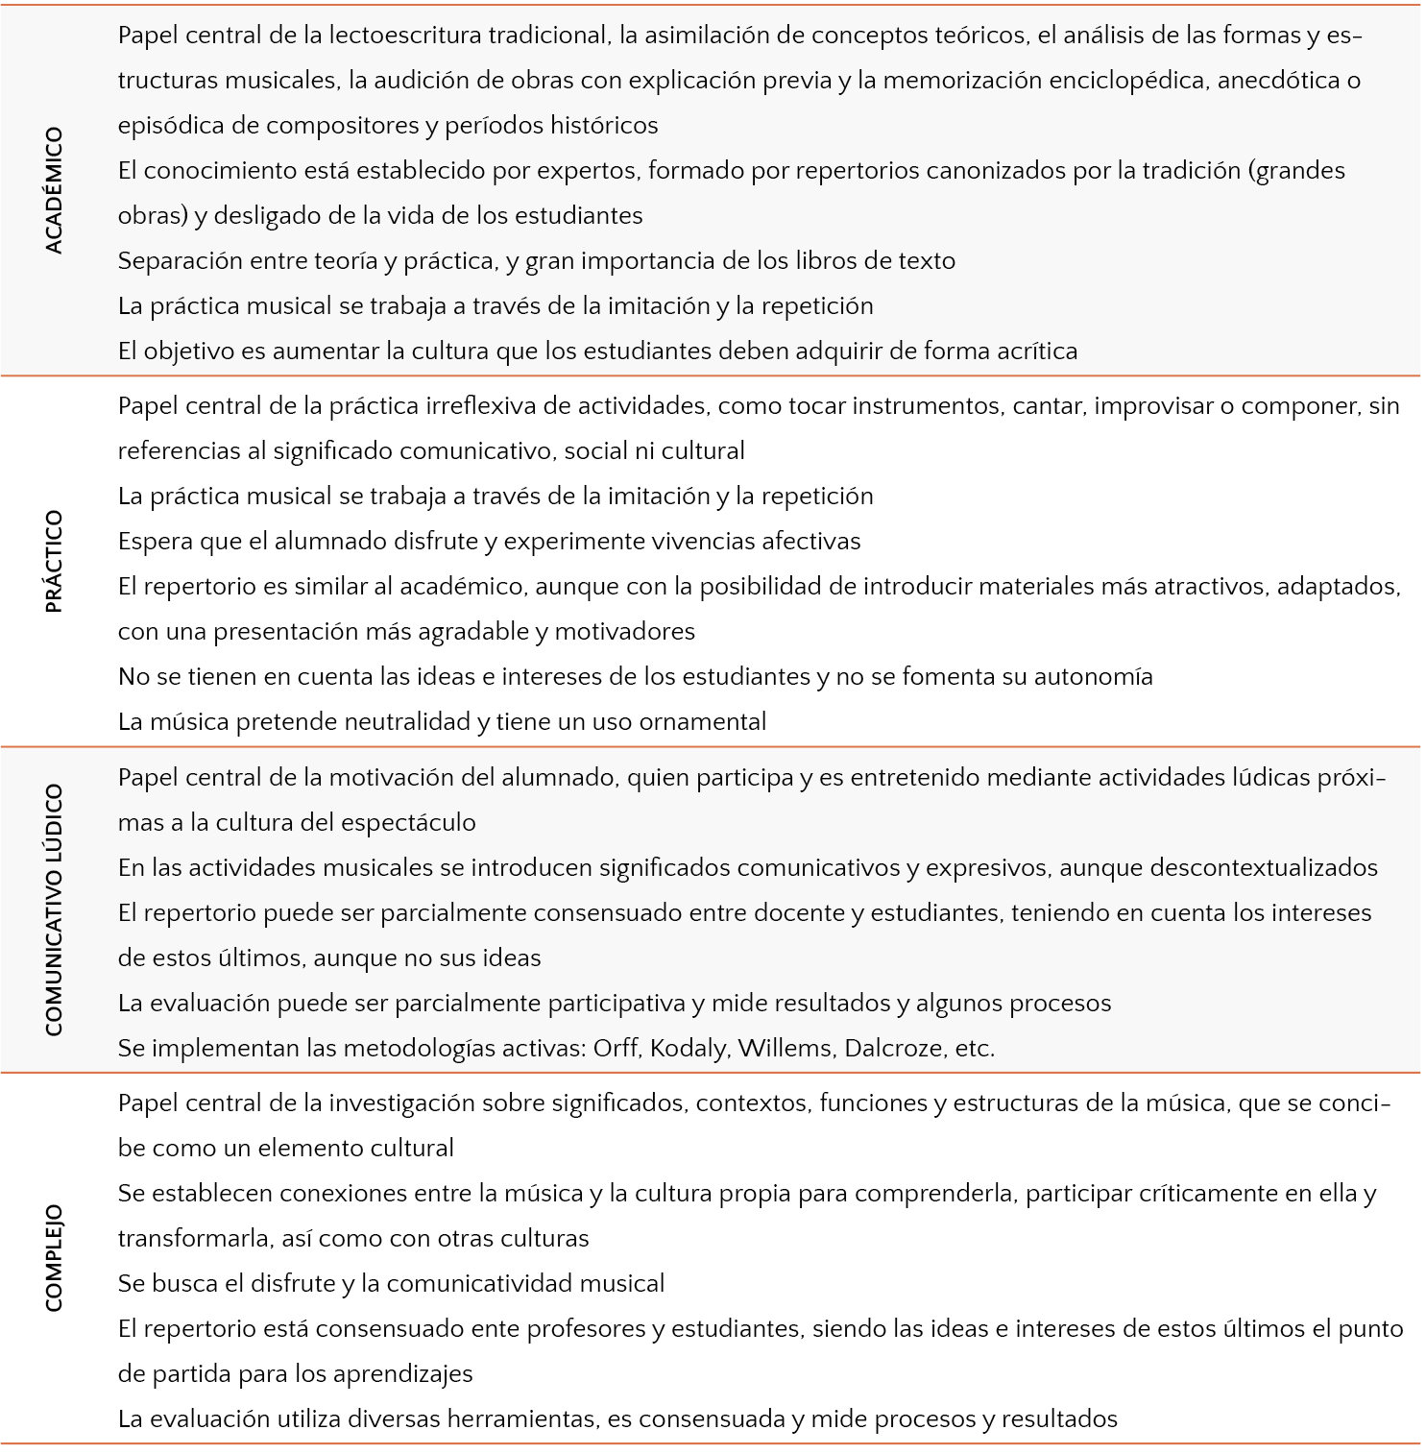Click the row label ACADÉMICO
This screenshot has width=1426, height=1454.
[x=54, y=190]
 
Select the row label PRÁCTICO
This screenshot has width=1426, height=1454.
[x=54, y=561]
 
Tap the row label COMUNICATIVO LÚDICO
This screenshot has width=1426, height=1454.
[x=54, y=909]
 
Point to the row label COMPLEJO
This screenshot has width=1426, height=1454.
[x=54, y=1257]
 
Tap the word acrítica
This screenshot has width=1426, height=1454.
[x=1033, y=351]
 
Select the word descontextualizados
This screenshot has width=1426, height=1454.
[x=1263, y=868]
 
